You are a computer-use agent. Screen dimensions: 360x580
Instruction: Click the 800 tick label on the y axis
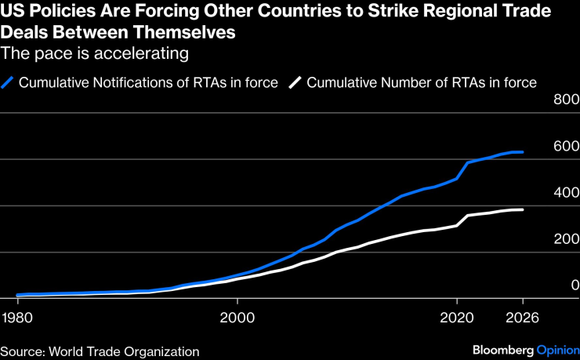tap(565, 100)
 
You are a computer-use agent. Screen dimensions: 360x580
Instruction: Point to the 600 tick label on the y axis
tap(565, 146)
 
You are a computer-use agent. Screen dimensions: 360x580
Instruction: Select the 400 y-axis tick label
tap(565, 192)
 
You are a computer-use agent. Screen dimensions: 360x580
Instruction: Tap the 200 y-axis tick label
tap(565, 238)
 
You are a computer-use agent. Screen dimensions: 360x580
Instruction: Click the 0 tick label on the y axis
tap(574, 285)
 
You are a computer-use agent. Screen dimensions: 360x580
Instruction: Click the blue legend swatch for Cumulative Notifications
tap(9, 82)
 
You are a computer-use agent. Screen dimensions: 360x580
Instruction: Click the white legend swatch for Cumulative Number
tap(295, 82)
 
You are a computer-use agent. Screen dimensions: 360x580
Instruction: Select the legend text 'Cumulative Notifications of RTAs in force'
tap(148, 82)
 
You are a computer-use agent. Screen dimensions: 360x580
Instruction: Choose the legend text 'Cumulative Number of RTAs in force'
tap(422, 82)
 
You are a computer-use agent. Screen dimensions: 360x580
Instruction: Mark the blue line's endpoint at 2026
tap(523, 152)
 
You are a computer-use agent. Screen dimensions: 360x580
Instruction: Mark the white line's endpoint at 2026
tap(523, 209)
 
